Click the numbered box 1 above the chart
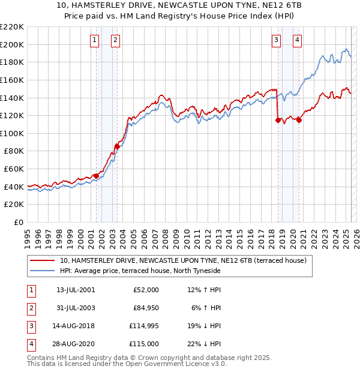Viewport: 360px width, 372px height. (x=95, y=40)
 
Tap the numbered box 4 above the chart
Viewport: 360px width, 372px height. (x=297, y=40)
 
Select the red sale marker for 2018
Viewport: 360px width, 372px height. (x=278, y=120)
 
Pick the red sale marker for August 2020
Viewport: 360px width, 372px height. (x=299, y=120)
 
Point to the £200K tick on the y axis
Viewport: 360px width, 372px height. (x=13, y=44)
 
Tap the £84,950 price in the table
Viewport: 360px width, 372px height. (x=145, y=308)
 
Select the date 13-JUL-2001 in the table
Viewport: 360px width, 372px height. (x=75, y=290)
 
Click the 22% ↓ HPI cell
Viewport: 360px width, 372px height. (x=204, y=344)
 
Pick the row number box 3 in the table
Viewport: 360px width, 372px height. (x=31, y=326)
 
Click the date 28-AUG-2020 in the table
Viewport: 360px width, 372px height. (x=76, y=344)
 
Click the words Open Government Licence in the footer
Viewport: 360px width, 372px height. (x=181, y=364)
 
